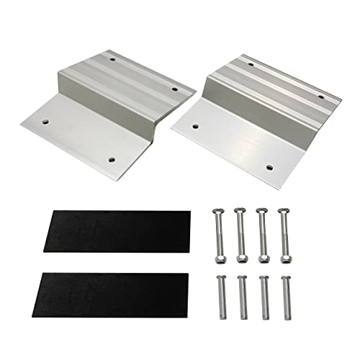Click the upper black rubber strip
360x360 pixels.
pyautogui.click(x=115, y=230)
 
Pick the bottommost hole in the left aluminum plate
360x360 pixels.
pyautogui.click(x=111, y=159)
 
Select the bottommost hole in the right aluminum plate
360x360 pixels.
pyautogui.click(x=269, y=167)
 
